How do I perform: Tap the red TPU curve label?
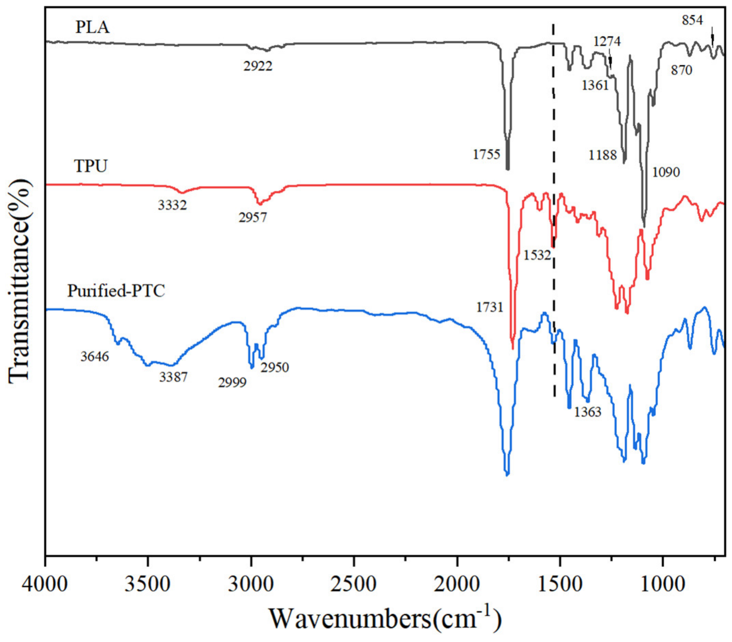[x=91, y=166]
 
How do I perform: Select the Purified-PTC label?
[x=116, y=291]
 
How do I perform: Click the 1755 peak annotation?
[x=486, y=155]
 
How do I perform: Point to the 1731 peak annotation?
[x=489, y=307]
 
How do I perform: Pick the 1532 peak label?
[x=537, y=255]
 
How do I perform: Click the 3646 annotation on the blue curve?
[x=94, y=357]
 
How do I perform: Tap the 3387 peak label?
[x=173, y=377]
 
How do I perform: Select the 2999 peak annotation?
[x=232, y=383]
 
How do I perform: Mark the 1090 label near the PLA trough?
[x=666, y=172]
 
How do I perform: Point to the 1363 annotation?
[x=588, y=412]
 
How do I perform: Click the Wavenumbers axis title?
[x=385, y=619]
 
